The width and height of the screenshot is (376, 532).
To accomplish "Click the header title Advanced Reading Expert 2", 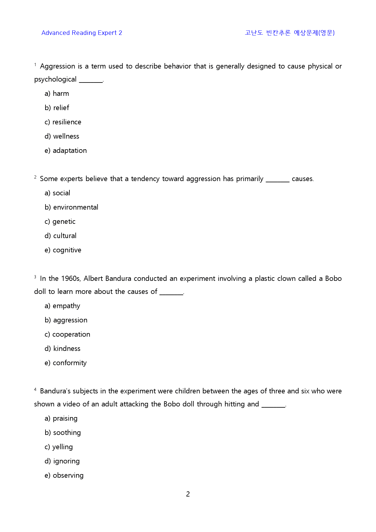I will (82, 33).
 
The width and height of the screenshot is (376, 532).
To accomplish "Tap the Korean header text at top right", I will (290, 33).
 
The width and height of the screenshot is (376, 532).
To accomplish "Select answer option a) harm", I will (57, 93).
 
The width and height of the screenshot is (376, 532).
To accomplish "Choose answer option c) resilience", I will (63, 122).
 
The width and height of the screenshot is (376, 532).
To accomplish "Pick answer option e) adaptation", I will (65, 150).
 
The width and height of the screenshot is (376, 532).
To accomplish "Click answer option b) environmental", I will (71, 207).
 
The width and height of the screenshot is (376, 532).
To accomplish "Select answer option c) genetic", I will (60, 221).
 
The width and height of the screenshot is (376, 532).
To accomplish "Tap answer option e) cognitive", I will (63, 250).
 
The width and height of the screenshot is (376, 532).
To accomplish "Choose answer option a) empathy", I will (62, 306).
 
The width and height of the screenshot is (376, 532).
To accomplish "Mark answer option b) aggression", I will (66, 320).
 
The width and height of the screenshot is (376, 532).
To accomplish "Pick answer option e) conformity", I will (65, 363).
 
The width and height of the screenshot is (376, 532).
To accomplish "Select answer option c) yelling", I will (59, 447).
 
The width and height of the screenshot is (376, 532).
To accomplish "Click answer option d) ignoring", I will (62, 461).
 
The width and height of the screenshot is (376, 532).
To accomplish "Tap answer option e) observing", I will (64, 475).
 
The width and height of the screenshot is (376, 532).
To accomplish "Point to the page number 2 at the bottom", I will (188, 494).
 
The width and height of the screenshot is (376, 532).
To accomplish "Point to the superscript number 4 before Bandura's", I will (35, 389).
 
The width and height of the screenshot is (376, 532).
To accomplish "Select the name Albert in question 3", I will (93, 278).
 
